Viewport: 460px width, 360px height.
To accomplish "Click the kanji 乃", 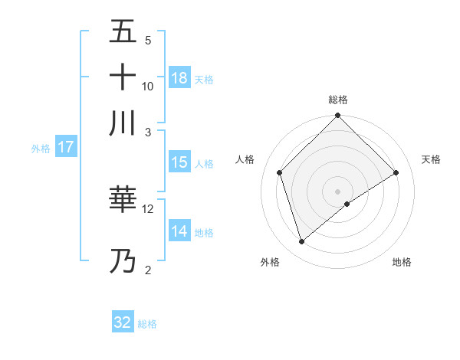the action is coord(123,261).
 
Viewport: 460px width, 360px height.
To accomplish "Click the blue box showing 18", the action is coord(179,77).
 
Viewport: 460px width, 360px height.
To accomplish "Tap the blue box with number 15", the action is coord(179,162).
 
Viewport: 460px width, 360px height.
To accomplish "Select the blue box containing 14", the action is coord(179,231).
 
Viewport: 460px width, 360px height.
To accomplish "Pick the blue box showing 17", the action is coord(66,147).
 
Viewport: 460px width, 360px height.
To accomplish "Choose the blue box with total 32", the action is coord(123,322).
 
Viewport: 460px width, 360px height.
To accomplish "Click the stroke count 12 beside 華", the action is coord(148,208).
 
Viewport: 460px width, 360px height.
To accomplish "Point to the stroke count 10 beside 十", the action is coord(148,86).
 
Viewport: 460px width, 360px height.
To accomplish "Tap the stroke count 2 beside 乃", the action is coord(148,270).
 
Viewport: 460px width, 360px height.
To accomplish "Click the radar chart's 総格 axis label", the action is coord(338,100).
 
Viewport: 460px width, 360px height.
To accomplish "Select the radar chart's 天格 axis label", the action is coord(432,159).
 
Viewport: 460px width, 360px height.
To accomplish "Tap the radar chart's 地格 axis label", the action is coord(402,262).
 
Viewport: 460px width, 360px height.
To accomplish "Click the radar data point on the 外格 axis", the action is coord(302,242).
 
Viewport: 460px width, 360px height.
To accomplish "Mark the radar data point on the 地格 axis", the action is coord(347,204).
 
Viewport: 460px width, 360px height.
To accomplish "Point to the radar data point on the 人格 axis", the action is coord(280,172).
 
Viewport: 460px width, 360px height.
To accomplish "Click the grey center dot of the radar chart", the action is coord(338,191).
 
